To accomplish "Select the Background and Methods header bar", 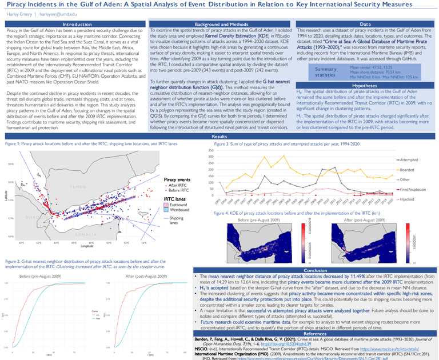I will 220,24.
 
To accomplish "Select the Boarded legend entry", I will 407,170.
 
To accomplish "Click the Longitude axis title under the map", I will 87,246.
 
